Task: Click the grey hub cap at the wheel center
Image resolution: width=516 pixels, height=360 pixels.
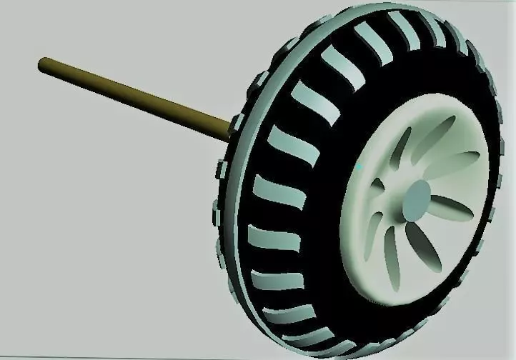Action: click(417, 201)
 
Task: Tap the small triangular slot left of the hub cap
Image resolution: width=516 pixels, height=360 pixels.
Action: click(379, 186)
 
